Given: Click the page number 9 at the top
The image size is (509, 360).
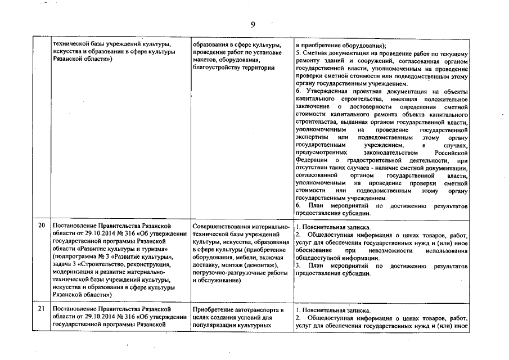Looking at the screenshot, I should click(253, 24).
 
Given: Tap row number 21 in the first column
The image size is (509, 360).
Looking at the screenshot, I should click(41, 310).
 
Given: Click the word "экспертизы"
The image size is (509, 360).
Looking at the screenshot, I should click(312, 137).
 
